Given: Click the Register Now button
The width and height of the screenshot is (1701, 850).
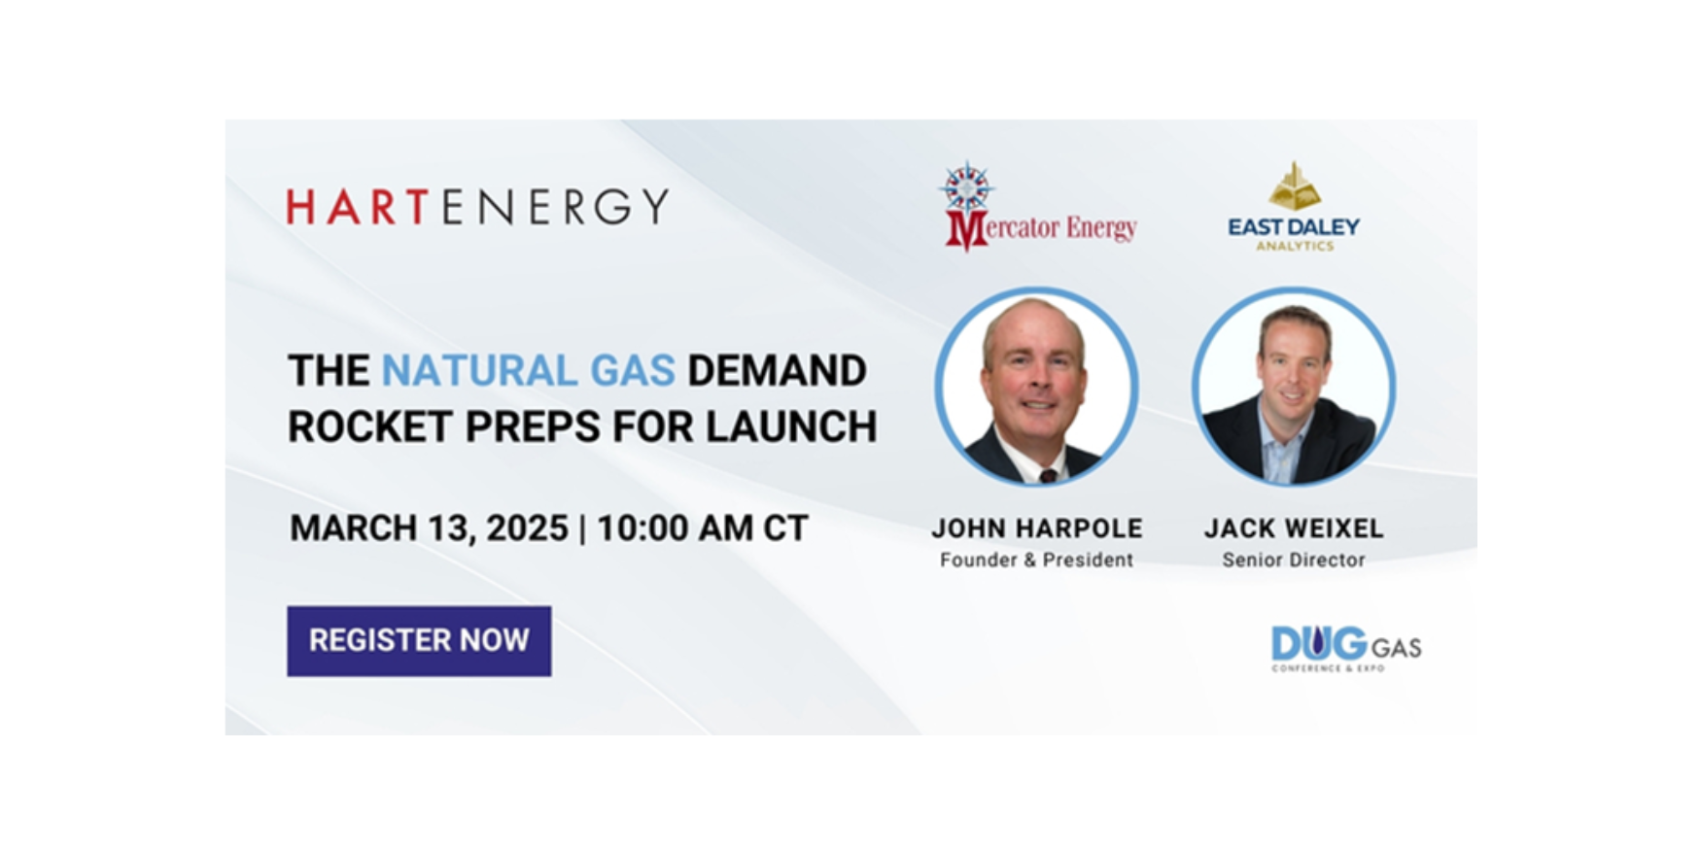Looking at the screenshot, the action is click(x=419, y=641).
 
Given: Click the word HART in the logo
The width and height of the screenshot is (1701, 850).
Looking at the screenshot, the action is click(x=358, y=207).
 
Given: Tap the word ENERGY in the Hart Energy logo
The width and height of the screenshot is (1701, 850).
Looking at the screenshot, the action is click(x=556, y=207).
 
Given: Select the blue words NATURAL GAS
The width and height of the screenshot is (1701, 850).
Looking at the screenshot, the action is click(x=528, y=370).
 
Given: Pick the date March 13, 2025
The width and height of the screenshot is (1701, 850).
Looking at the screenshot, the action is click(x=429, y=528).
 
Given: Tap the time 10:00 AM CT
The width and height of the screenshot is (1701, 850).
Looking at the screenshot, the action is click(x=702, y=528).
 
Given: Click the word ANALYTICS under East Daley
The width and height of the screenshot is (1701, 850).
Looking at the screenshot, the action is click(x=1295, y=247).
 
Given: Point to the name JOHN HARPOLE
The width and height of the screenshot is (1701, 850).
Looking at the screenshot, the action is click(x=1037, y=528).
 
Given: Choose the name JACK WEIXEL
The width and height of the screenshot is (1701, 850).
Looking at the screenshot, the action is click(x=1294, y=528).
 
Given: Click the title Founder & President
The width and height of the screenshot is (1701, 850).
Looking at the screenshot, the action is click(x=1037, y=560).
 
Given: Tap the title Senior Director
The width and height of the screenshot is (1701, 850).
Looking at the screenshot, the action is click(x=1294, y=560).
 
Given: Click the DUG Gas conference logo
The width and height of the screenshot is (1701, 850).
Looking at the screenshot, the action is click(x=1346, y=648).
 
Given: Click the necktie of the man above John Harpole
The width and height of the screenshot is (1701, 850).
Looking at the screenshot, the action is click(x=1048, y=475).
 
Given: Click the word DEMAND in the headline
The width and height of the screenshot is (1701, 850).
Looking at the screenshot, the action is click(x=777, y=370).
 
